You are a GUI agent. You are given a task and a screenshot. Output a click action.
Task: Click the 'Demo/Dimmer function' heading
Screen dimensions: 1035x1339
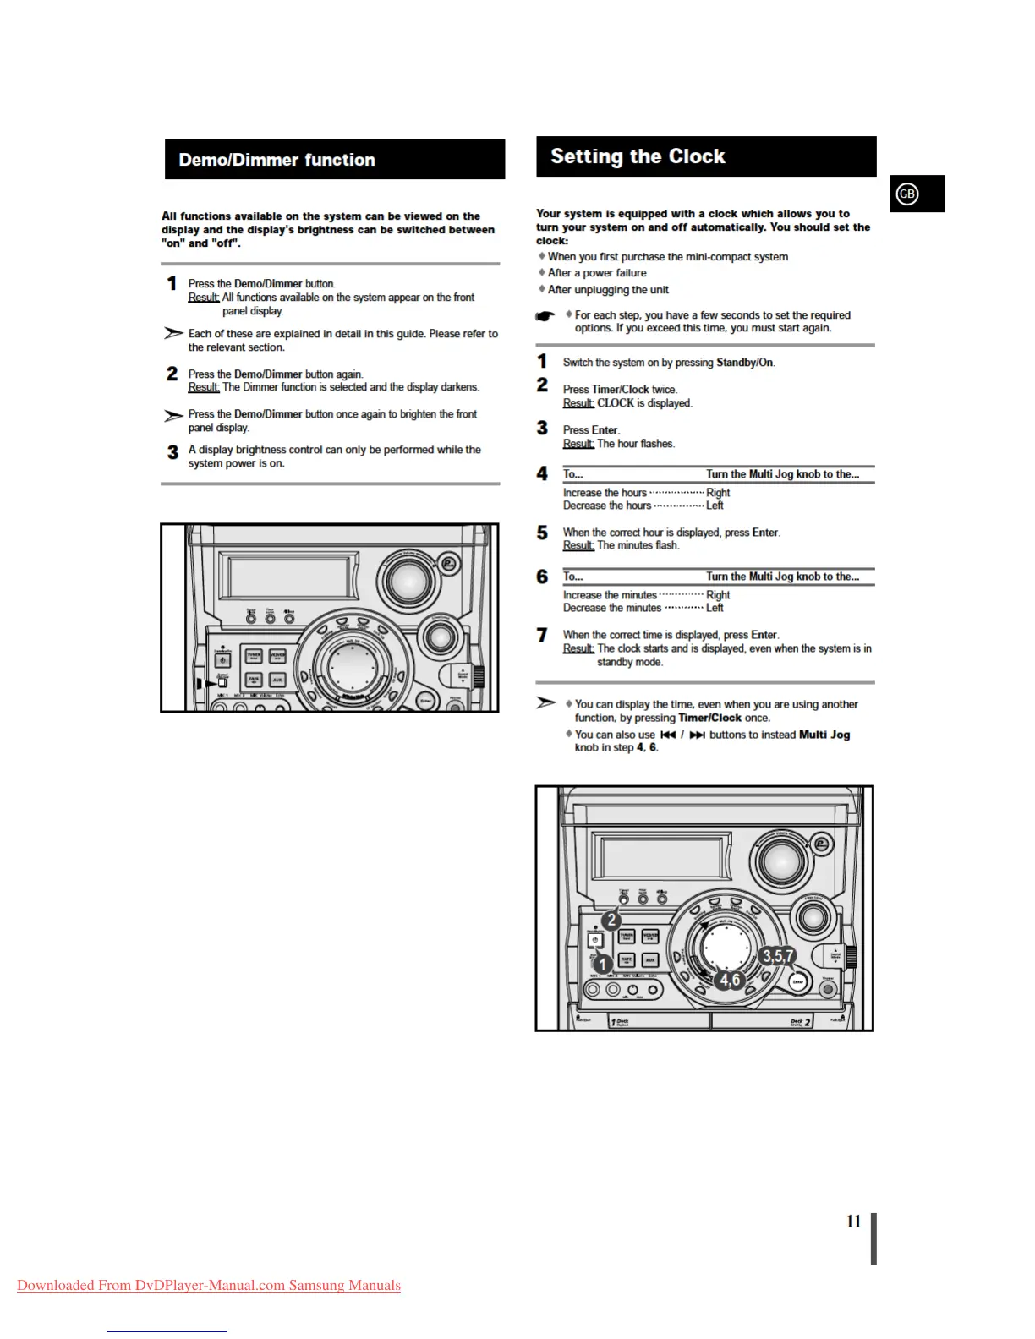click(277, 160)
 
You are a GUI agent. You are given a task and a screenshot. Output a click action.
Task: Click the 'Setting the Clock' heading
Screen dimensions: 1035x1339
click(638, 156)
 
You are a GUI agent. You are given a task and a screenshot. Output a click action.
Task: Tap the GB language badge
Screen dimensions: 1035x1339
click(907, 194)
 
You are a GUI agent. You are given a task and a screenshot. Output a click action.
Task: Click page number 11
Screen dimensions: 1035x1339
click(854, 1221)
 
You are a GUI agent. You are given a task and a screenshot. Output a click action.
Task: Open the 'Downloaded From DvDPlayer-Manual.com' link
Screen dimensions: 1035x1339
click(209, 1286)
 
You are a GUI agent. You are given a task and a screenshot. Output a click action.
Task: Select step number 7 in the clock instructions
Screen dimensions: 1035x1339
click(543, 635)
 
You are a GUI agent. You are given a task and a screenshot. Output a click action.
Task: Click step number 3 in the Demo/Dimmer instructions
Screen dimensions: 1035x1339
click(172, 452)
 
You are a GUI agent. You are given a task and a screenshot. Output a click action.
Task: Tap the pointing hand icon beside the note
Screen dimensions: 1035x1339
click(545, 316)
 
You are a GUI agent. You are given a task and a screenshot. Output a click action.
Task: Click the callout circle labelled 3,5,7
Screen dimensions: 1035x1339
click(777, 956)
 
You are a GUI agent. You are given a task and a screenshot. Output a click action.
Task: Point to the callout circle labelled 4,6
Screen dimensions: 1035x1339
click(729, 980)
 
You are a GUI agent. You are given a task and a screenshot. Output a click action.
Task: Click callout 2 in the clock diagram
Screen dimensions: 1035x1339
click(611, 921)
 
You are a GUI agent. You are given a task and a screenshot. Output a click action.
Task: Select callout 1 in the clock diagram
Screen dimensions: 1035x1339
click(602, 964)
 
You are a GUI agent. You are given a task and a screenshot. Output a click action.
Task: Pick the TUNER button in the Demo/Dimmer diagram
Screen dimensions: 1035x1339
click(254, 656)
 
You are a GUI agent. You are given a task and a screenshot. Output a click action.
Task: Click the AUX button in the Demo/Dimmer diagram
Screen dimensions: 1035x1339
click(277, 680)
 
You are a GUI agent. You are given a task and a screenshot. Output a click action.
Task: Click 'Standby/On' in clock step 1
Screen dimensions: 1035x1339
click(745, 363)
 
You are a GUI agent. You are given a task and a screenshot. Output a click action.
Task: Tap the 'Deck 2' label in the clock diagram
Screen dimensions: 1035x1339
click(800, 1022)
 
